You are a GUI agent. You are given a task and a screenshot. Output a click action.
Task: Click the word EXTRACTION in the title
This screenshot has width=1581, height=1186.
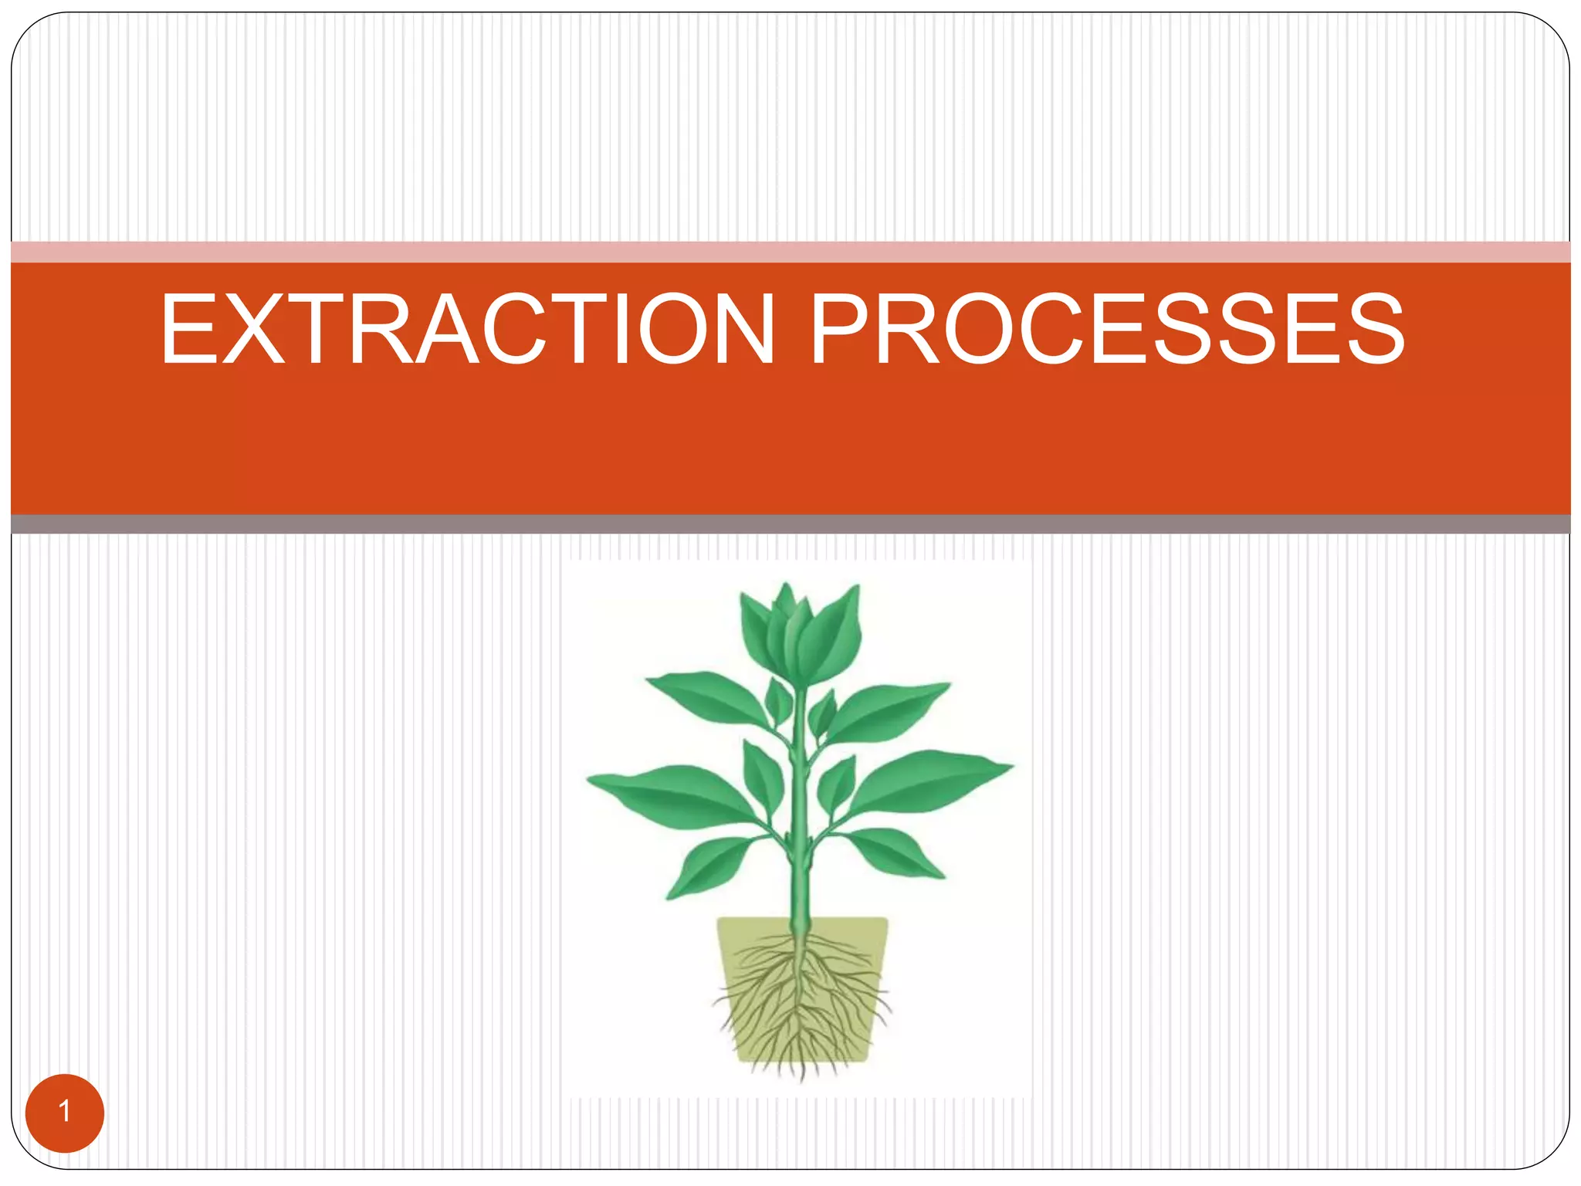(467, 330)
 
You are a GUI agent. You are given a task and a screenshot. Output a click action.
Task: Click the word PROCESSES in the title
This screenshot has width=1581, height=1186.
(1107, 330)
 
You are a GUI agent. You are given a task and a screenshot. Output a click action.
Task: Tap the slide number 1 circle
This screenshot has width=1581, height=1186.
(65, 1113)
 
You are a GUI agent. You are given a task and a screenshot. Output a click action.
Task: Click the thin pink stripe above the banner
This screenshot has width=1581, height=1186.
(790, 252)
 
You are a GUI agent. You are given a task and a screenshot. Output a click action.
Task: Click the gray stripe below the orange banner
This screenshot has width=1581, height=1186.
(790, 524)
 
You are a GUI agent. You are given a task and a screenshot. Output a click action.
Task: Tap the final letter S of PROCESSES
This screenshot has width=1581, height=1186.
(1367, 330)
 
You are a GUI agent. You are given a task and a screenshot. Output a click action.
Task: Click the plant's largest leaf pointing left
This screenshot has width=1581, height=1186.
(672, 791)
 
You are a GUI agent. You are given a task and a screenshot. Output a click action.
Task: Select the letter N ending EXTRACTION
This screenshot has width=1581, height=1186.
(735, 330)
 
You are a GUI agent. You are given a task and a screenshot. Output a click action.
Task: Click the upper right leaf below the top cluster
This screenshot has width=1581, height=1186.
(888, 707)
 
